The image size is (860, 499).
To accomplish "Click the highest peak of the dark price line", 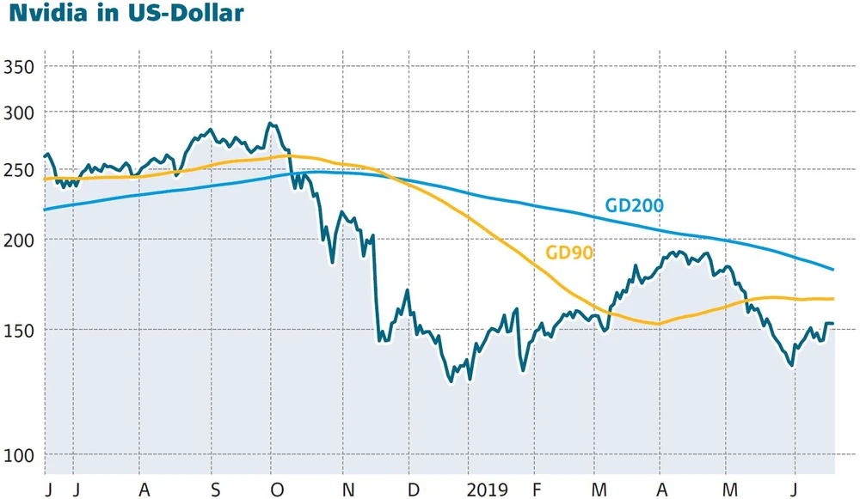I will [270, 124].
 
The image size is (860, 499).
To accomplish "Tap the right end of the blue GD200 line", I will [833, 269].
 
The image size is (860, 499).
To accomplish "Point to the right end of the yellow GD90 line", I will [833, 299].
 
